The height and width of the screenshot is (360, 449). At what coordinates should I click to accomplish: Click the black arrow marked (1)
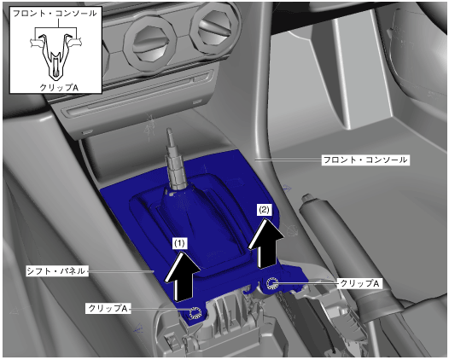coord(182,276)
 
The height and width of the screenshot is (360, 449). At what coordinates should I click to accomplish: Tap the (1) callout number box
coord(180,243)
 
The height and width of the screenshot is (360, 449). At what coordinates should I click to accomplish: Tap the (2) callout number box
coord(264,211)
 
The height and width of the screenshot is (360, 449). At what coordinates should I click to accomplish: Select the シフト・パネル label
coord(56,271)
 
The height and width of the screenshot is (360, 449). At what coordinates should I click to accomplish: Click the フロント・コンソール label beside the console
coord(365,160)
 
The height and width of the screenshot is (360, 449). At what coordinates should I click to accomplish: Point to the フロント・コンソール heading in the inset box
coord(55,14)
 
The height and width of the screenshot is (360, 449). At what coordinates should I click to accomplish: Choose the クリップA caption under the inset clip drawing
coord(58,87)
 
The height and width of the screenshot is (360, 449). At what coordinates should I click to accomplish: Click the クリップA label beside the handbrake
coord(359,283)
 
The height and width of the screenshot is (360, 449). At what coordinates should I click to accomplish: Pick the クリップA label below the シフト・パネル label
coord(108,308)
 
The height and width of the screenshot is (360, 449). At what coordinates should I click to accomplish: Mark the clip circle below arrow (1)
coord(195,312)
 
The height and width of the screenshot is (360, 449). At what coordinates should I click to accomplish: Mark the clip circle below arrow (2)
coord(271,283)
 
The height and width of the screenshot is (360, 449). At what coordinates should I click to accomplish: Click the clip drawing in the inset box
coord(56,56)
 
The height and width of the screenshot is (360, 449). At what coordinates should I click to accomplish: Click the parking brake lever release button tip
coord(307,197)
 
